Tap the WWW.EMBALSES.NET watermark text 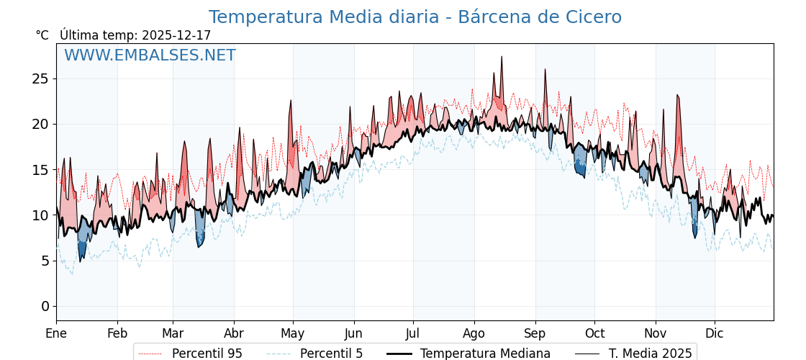pos(150,55)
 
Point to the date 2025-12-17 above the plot pos(176,35)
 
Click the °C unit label pos(42,35)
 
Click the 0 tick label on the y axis pos(45,306)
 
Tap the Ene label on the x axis pos(56,334)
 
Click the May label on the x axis pos(292,334)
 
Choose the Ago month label pos(474,334)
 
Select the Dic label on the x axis pos(715,334)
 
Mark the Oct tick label pos(594,334)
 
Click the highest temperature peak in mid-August pos(502,58)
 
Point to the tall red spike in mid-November pos(677,96)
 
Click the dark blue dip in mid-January pos(81,258)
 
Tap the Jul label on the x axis pos(413,334)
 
